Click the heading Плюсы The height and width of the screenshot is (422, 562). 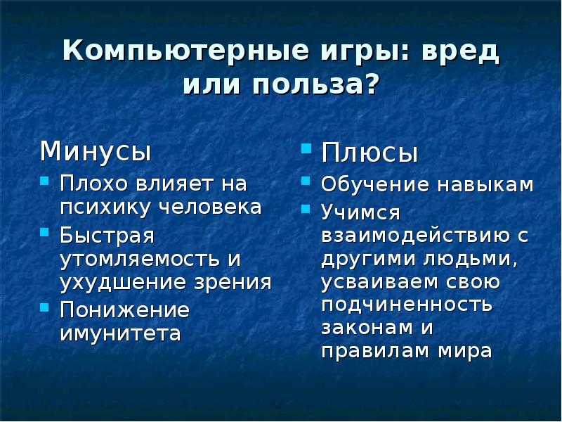pyautogui.click(x=370, y=153)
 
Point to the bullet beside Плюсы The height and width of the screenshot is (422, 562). pyautogui.click(x=307, y=148)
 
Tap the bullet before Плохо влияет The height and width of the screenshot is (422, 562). pyautogui.click(x=44, y=180)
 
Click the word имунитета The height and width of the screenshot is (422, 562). pyautogui.click(x=120, y=333)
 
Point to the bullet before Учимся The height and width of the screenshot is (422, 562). pyautogui.click(x=307, y=209)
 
